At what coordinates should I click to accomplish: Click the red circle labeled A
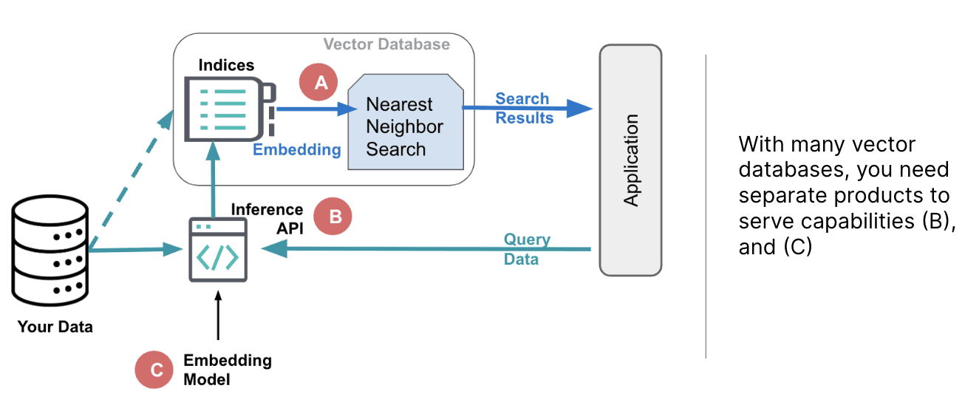pos(319,82)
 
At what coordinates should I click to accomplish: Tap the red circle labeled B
pos(333,216)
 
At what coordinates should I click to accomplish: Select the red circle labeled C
pos(155,370)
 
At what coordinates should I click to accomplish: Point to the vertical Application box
pos(630,160)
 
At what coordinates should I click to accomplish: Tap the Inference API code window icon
pos(217,249)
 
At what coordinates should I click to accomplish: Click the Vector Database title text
pos(386,44)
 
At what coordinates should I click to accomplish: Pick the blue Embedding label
pos(297,150)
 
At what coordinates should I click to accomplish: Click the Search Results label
pos(523,109)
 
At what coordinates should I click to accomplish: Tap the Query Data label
pos(526,249)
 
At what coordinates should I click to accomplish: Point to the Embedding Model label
pos(227,370)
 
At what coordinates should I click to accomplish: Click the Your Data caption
pos(55,327)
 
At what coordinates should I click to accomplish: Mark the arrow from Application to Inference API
pos(436,250)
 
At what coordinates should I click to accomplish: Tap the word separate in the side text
pos(778,196)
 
